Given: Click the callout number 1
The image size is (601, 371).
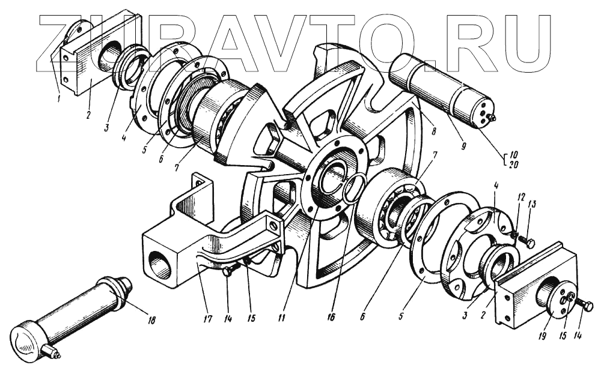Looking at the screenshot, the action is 59,98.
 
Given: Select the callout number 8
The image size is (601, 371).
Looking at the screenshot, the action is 433,131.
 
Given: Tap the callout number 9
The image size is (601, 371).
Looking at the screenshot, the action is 463,145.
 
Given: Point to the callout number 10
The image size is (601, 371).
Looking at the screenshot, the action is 514,155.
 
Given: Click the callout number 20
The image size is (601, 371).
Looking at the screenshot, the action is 514,164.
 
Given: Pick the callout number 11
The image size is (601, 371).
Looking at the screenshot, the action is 282,318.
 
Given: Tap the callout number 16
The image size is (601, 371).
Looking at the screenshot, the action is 331,318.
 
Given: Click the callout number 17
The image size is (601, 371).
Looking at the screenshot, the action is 207,319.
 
